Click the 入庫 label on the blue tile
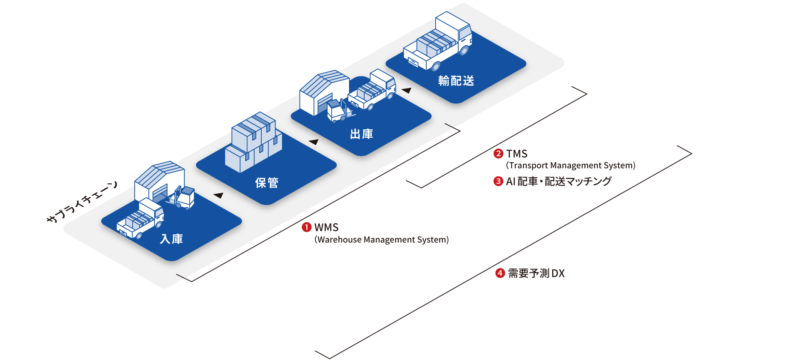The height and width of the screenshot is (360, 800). point(171,239)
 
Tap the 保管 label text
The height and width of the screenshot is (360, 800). point(267,183)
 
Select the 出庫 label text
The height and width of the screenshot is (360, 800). point(361,134)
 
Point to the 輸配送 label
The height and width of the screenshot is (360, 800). point(456,81)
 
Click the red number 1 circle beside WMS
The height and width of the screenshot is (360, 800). point(307,227)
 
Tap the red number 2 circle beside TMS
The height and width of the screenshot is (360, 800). point(498,153)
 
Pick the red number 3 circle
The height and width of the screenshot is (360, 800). point(498,181)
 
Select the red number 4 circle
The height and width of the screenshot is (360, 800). point(500,273)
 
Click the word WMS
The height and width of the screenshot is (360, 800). point(327,227)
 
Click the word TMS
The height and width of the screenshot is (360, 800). point(517,153)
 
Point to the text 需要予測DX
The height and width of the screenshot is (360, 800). point(536,273)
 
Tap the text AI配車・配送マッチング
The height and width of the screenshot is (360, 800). point(559,181)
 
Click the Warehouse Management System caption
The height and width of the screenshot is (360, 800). point(382,240)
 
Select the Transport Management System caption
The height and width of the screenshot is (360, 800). point(571,165)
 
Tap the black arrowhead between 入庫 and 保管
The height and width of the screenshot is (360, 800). point(219,195)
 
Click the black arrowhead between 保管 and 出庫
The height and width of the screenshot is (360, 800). point(314,142)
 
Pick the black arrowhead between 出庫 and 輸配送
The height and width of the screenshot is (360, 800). point(407,90)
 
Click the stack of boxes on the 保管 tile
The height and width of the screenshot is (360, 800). point(253,142)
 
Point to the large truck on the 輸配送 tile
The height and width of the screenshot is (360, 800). point(439,41)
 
